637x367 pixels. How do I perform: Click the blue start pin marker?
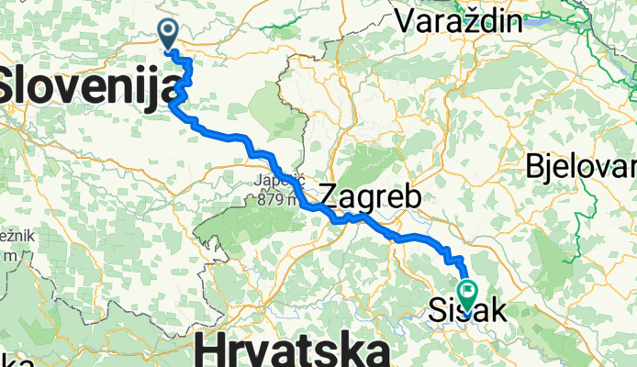[169, 34]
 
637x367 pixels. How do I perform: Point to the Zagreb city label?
[370, 196]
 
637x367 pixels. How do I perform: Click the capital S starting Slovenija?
[11, 89]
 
